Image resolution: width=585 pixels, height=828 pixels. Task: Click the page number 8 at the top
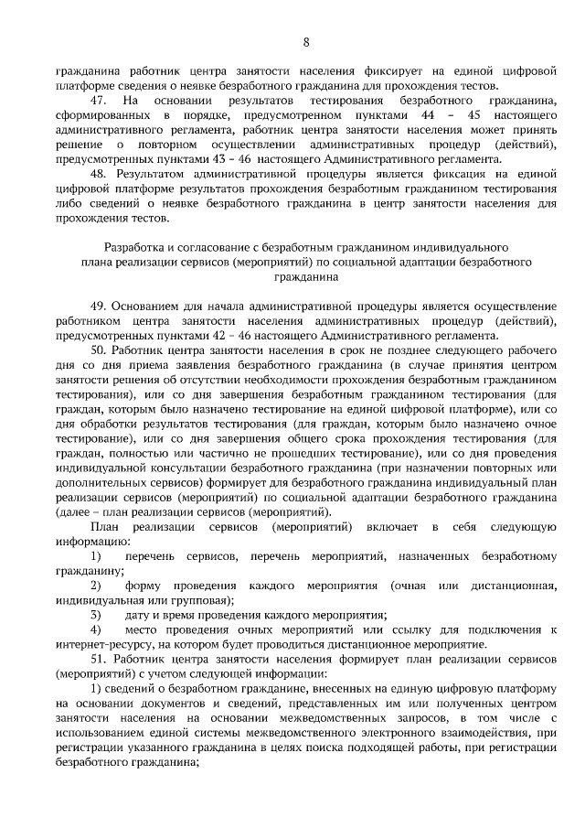click(x=306, y=42)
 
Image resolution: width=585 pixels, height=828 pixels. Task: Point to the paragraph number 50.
click(x=99, y=350)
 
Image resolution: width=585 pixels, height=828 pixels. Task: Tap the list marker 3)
click(x=95, y=615)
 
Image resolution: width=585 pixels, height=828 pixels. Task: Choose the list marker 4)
click(x=95, y=629)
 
